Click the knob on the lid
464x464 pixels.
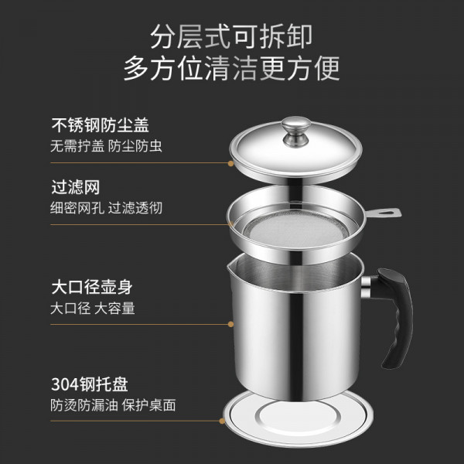coord(295,131)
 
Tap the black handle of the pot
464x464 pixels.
coord(397,316)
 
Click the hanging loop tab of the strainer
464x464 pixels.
coord(384,212)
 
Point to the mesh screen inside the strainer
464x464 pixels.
coord(296,230)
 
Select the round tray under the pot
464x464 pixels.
coord(298,418)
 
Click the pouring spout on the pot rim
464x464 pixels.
coord(230,267)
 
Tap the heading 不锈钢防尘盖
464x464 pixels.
coord(100,125)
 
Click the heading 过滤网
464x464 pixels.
coord(76,187)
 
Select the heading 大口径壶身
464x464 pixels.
coord(92,287)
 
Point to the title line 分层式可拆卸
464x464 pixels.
coord(231,36)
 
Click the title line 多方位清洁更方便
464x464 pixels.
coord(231,68)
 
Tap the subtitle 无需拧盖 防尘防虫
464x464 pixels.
coord(106,146)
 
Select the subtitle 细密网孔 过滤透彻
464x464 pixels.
coord(106,208)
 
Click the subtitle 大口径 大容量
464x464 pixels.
coord(93,308)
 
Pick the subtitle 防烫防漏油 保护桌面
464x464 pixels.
coord(113,404)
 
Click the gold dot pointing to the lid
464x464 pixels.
coord(230,163)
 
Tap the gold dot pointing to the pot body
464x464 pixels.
coord(230,324)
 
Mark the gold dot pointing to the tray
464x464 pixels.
coord(222,421)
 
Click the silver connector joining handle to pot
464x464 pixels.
coord(366,286)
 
